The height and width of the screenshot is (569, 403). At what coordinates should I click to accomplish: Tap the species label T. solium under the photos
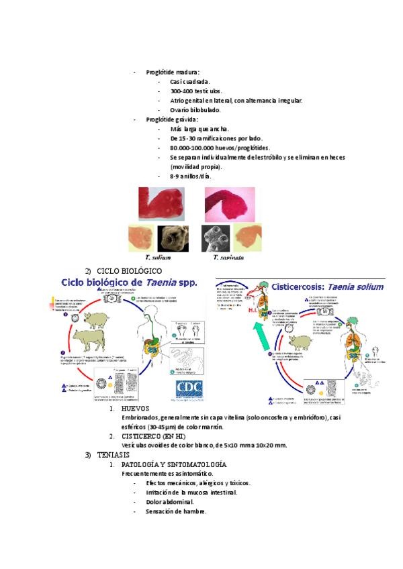click(x=158, y=257)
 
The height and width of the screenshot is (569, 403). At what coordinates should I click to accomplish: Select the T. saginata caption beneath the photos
click(x=228, y=257)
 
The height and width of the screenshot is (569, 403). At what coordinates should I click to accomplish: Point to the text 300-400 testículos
click(x=196, y=91)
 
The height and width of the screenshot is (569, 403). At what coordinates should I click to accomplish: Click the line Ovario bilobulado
click(x=195, y=110)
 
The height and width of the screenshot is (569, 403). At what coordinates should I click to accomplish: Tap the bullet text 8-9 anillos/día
click(x=191, y=176)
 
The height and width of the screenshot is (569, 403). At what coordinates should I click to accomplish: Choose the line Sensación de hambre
click(x=176, y=511)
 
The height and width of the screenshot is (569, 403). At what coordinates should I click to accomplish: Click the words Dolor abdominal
click(x=170, y=502)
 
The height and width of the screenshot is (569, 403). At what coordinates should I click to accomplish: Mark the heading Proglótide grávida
click(x=172, y=119)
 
